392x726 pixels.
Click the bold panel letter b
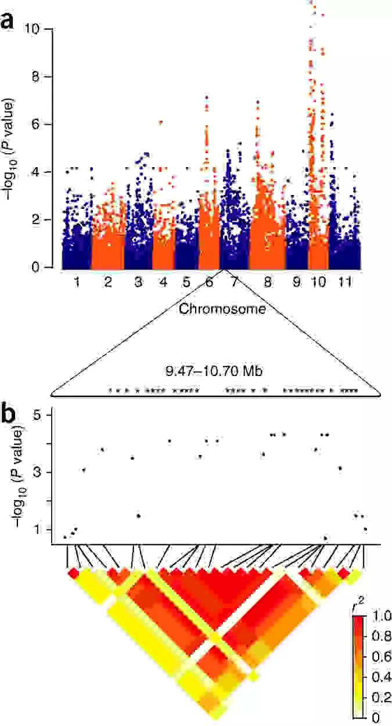(x=9, y=414)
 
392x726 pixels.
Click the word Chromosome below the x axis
(x=222, y=309)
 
